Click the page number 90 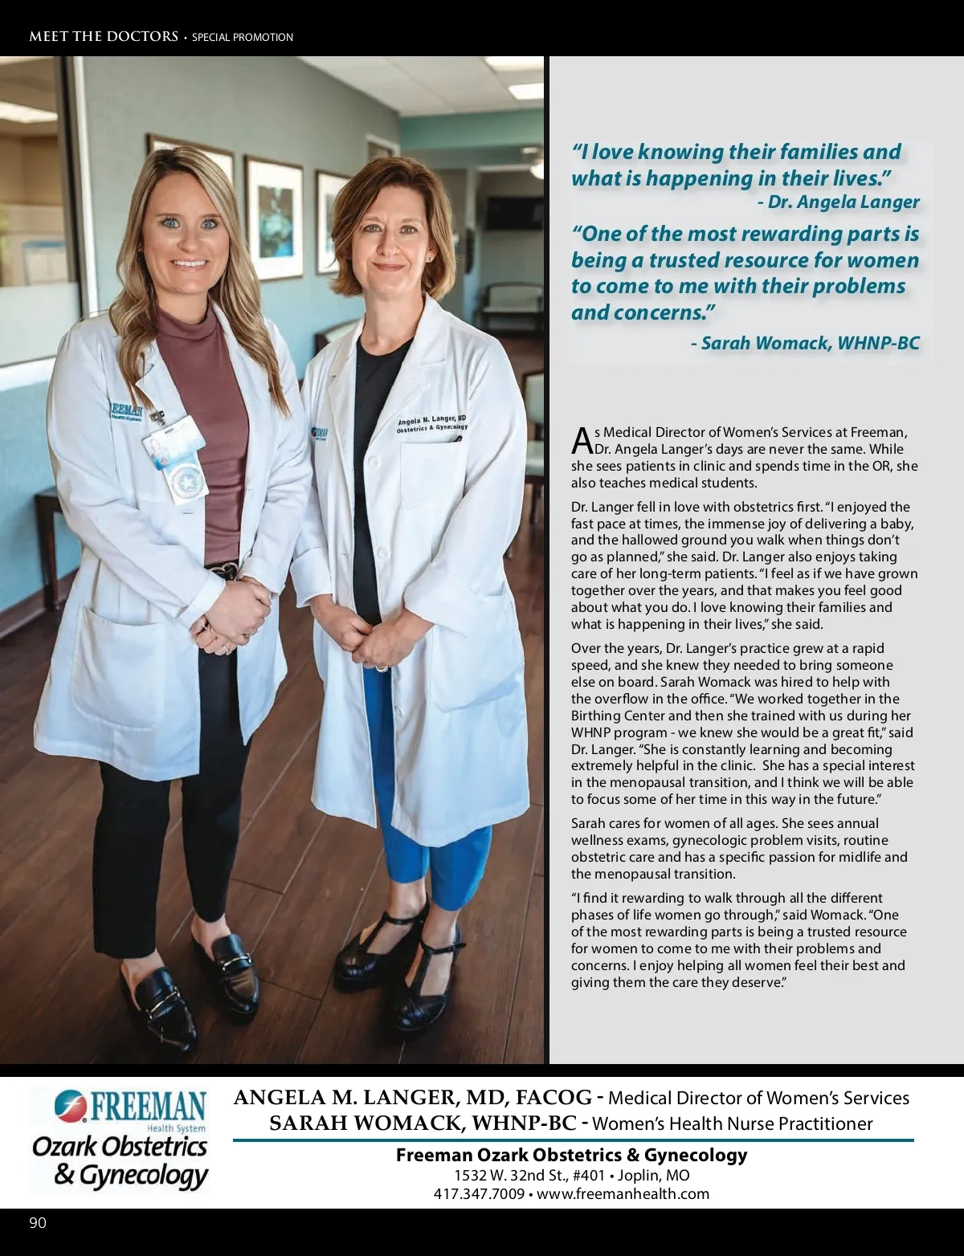click(38, 1223)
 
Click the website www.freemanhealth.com click(623, 1193)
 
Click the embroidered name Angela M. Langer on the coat click(431, 419)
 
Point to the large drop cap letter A click(582, 439)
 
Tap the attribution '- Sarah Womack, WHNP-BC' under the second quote click(805, 343)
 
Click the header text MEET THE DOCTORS click(104, 36)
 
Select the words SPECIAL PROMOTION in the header click(243, 37)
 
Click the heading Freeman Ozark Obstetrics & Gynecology click(571, 1155)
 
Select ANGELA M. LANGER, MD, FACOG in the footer click(412, 1098)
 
